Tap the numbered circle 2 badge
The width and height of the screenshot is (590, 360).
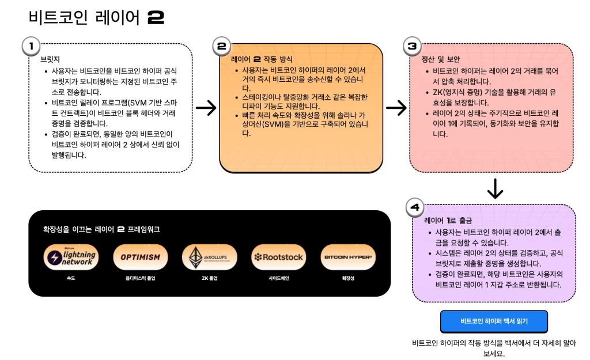pyautogui.click(x=222, y=46)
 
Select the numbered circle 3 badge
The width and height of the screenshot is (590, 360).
pyautogui.click(x=412, y=46)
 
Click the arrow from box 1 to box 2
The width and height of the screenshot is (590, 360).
pyautogui.click(x=206, y=108)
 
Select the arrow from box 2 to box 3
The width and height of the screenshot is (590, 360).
pyautogui.click(x=396, y=108)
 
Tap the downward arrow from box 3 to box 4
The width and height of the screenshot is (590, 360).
pyautogui.click(x=495, y=188)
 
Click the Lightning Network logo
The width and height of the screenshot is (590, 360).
pyautogui.click(x=71, y=257)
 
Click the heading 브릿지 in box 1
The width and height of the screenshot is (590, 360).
pyautogui.click(x=50, y=59)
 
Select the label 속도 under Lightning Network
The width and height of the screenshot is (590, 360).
pyautogui.click(x=71, y=278)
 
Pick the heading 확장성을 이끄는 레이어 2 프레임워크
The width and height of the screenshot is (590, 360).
pyautogui.click(x=101, y=229)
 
